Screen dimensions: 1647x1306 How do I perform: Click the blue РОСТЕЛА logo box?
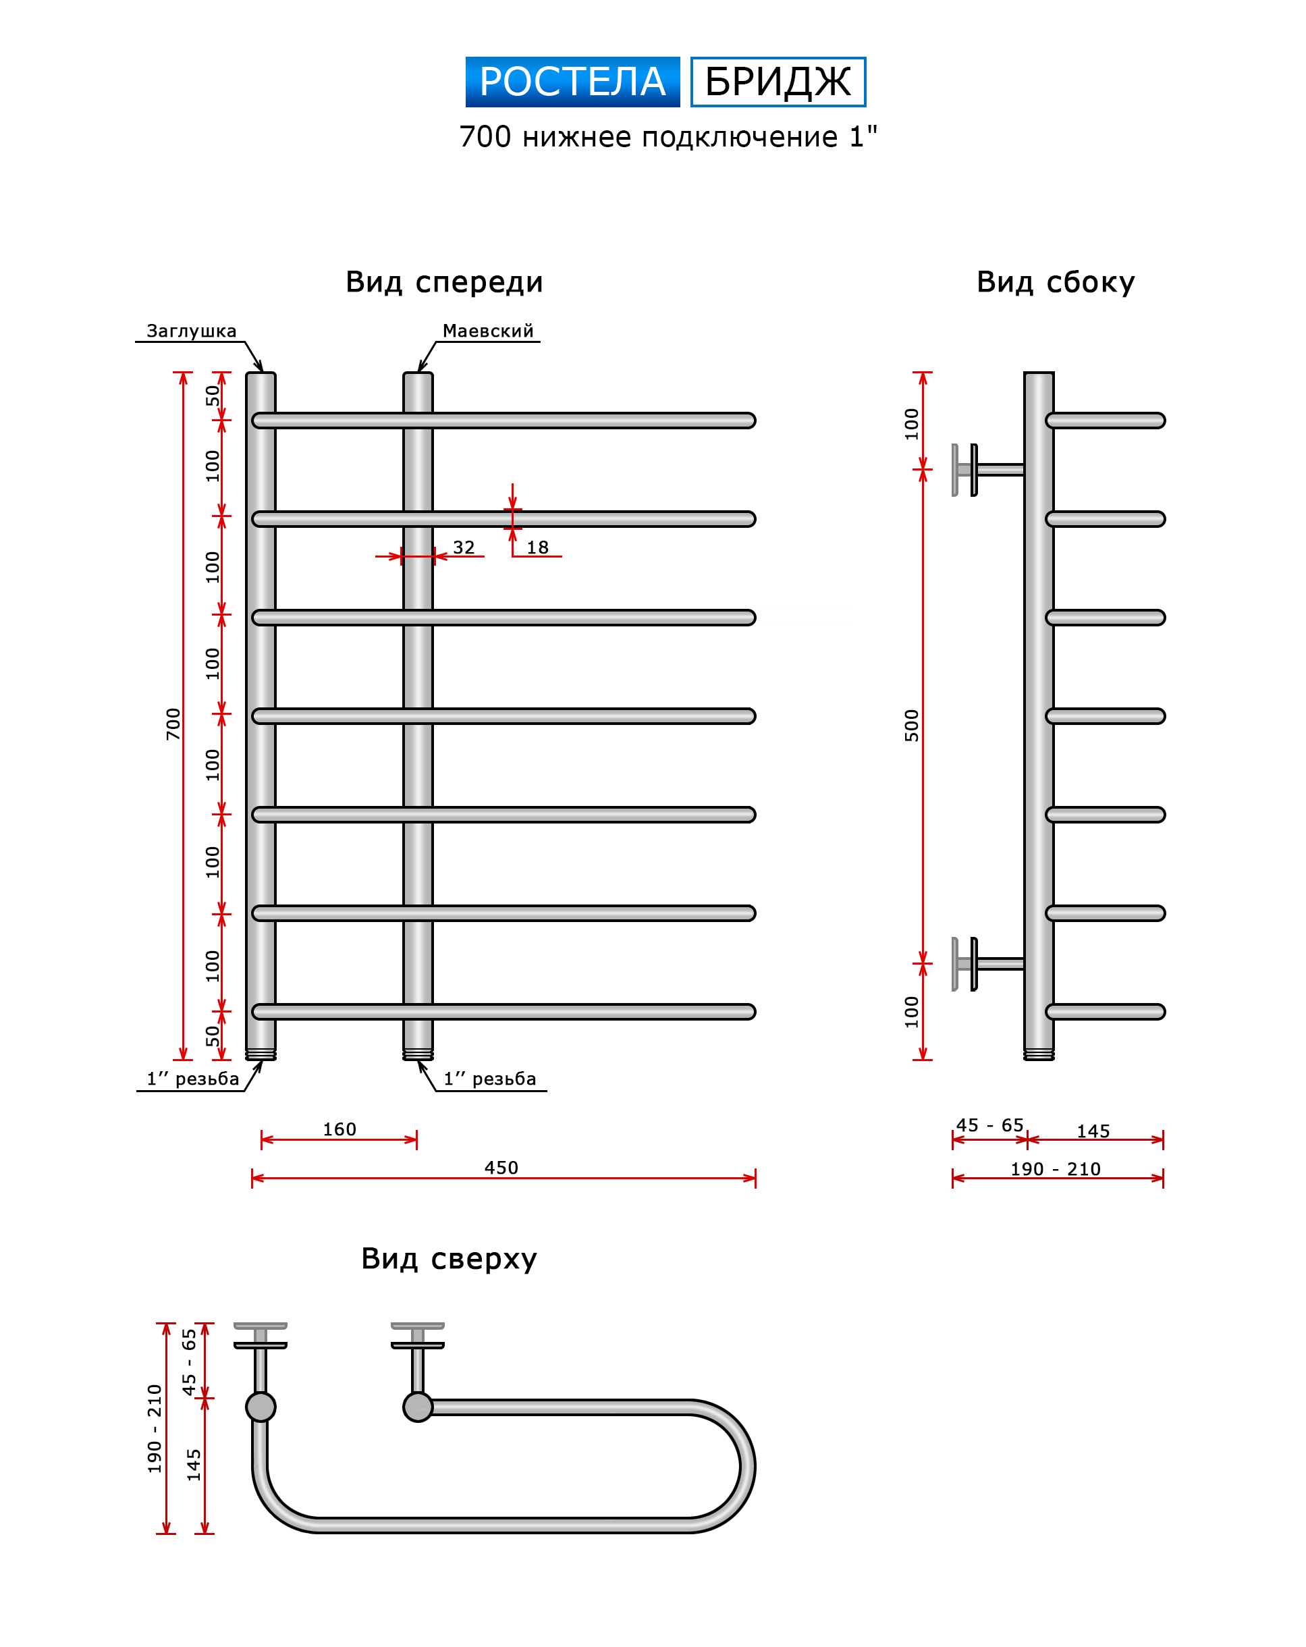(x=572, y=82)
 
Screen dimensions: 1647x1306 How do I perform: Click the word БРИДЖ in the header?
(x=778, y=82)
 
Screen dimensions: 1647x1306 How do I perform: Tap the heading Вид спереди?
(x=443, y=282)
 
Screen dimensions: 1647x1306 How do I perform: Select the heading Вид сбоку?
(x=1056, y=282)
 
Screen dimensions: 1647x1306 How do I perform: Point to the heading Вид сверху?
(x=449, y=1258)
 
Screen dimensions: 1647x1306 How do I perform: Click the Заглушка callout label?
(x=191, y=331)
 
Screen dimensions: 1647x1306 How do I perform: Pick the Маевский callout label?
(x=487, y=331)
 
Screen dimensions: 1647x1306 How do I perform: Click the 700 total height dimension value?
(x=173, y=724)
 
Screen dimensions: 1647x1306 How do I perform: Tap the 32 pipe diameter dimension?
(x=464, y=547)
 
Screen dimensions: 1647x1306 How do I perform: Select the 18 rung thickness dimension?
(x=538, y=547)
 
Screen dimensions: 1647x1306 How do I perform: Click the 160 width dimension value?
(x=339, y=1129)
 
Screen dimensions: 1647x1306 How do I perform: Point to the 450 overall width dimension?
(x=501, y=1167)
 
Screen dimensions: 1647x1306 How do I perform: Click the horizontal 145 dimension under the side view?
(x=1093, y=1131)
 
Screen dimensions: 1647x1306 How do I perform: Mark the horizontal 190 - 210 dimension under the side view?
(x=1056, y=1169)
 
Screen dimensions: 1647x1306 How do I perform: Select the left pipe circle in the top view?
(x=261, y=1407)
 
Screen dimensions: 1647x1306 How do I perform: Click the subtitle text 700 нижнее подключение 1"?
(x=668, y=137)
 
